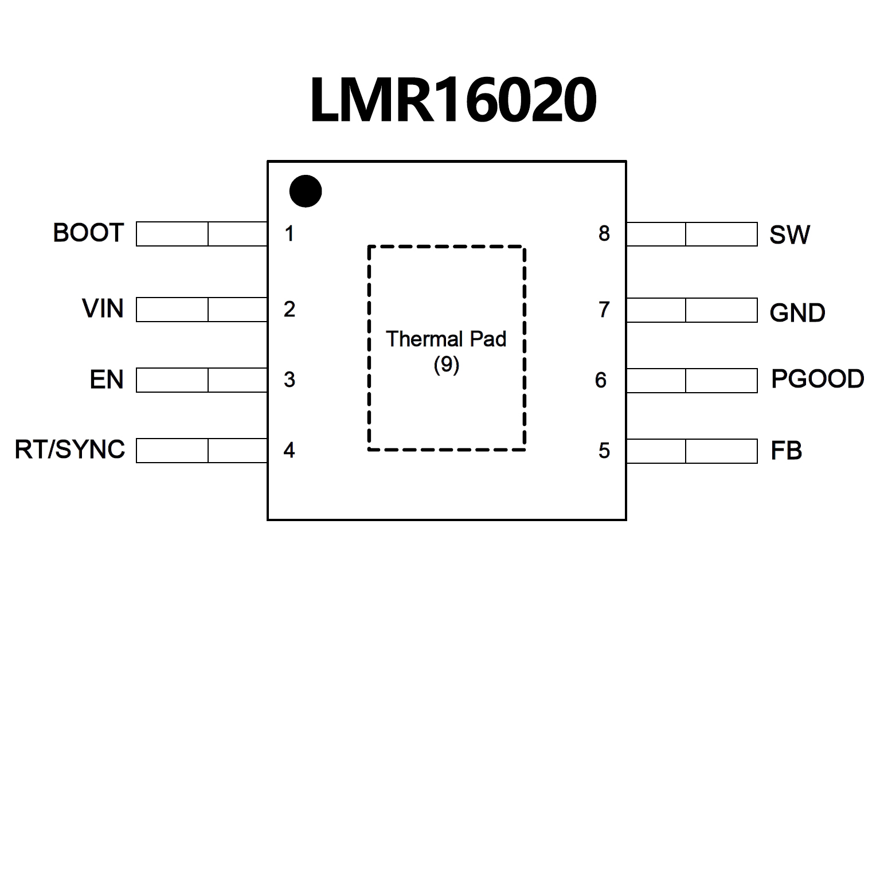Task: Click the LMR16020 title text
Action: coord(453,101)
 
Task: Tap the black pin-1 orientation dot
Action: coord(305,191)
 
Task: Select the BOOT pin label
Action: coord(88,233)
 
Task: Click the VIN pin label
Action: coord(103,309)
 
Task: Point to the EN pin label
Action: coord(107,380)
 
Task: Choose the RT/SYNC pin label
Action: coord(70,450)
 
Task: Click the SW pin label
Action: coord(789,235)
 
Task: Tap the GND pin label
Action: coord(797,313)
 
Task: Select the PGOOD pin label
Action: coord(817,379)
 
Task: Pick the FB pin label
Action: coord(786,451)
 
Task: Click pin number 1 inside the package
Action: coord(290,234)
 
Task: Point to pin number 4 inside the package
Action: coord(290,451)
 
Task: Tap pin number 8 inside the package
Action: coord(604,234)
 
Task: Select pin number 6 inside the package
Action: coord(601,380)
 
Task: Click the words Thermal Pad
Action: coord(446,339)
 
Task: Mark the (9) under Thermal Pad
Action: coord(446,365)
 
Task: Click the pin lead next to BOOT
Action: coord(201,234)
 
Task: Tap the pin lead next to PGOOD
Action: coord(692,381)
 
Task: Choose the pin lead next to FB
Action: coord(692,451)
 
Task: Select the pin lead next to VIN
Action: coord(201,310)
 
